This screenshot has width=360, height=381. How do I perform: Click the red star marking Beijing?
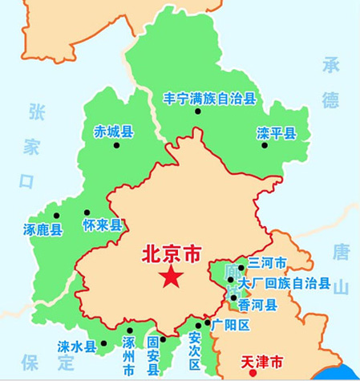170,278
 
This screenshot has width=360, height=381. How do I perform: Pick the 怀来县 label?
102,226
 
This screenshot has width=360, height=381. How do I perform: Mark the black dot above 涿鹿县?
56,214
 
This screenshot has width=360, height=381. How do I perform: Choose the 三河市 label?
267,262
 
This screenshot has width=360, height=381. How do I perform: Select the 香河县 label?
259,304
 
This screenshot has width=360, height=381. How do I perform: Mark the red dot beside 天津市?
251,372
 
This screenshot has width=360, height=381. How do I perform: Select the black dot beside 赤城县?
117,145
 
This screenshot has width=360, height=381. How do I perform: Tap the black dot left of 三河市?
241,268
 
